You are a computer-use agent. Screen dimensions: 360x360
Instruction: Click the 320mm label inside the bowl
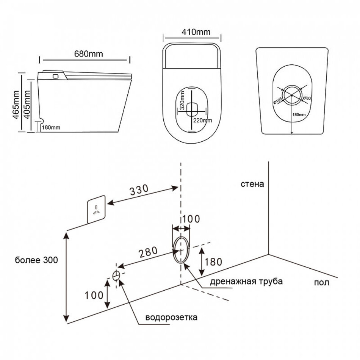click(182, 102)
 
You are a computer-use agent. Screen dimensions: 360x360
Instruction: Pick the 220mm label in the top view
click(202, 120)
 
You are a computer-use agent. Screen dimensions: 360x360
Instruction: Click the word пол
click(322, 282)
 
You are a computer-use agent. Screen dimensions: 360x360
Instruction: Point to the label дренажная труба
click(246, 282)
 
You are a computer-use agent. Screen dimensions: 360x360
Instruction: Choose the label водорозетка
click(171, 317)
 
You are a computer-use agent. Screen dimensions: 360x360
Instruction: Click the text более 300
click(36, 260)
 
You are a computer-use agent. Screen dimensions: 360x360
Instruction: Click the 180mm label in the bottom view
click(299, 114)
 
